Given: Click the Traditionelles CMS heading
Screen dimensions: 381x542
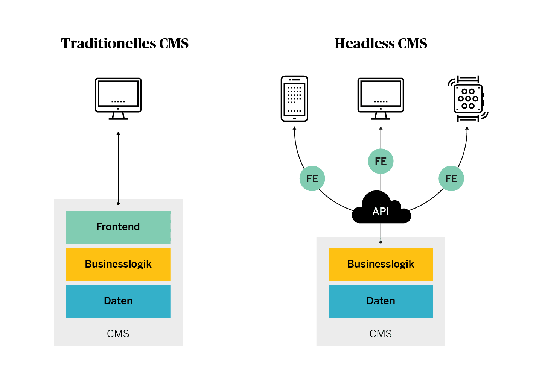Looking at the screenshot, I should [x=125, y=44].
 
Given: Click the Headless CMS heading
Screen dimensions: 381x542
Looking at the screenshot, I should [x=381, y=44].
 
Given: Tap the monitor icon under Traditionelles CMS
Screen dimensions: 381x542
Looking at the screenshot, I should [x=118, y=98].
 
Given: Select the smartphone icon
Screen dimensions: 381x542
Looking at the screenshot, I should [x=294, y=98].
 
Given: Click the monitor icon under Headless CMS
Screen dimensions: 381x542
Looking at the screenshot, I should [x=381, y=98].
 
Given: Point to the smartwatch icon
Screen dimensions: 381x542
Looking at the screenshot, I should [x=468, y=98].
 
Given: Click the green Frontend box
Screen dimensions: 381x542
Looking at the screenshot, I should [x=118, y=227].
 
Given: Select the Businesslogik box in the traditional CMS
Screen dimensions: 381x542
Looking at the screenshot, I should [x=118, y=264].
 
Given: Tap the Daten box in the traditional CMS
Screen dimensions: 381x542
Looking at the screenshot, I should [x=118, y=301].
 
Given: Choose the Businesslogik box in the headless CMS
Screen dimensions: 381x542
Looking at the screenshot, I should [x=381, y=264].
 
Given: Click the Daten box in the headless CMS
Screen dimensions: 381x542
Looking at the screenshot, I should [x=381, y=301].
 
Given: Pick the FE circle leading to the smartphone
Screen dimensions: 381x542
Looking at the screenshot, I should [x=312, y=178].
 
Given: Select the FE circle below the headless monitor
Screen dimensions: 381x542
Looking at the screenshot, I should [x=381, y=161].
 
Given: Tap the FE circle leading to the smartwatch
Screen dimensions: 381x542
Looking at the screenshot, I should [x=451, y=178].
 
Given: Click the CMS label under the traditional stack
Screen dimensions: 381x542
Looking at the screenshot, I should [x=118, y=334].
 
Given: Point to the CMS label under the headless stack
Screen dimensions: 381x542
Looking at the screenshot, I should [x=381, y=334].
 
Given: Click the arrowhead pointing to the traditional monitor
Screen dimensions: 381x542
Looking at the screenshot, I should [x=118, y=133].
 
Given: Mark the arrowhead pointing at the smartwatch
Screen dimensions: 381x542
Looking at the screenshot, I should [x=467, y=128].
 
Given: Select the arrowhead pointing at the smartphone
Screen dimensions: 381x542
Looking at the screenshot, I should [x=294, y=128].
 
